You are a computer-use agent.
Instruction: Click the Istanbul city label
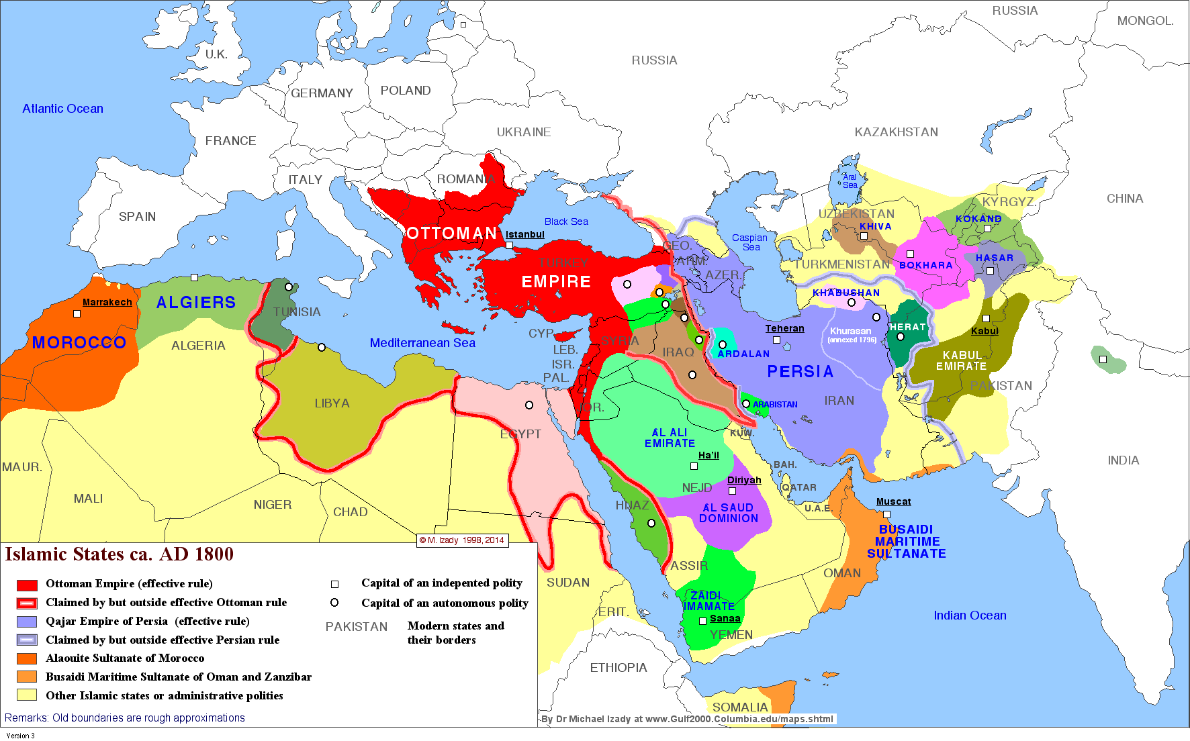524,234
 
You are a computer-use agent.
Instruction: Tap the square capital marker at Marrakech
77,313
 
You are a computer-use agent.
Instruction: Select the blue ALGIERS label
196,303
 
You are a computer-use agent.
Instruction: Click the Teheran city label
784,328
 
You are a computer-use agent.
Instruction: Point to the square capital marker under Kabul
986,319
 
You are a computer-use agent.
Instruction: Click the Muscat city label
893,501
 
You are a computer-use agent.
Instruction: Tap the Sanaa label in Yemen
725,618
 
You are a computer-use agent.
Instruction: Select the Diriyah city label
744,480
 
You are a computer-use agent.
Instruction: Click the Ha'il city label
708,455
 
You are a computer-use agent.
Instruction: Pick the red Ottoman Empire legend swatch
27,585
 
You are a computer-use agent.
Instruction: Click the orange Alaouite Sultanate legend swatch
27,658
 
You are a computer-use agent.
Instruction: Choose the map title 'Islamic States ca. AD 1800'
120,554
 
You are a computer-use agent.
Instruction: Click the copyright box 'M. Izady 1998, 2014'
462,540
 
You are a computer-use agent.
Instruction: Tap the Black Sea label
566,221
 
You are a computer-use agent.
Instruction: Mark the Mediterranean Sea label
422,343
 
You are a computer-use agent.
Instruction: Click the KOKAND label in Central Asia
978,219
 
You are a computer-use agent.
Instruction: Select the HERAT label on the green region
907,327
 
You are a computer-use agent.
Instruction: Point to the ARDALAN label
743,354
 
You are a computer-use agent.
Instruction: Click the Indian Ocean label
970,615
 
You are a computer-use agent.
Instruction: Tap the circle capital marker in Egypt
529,405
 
